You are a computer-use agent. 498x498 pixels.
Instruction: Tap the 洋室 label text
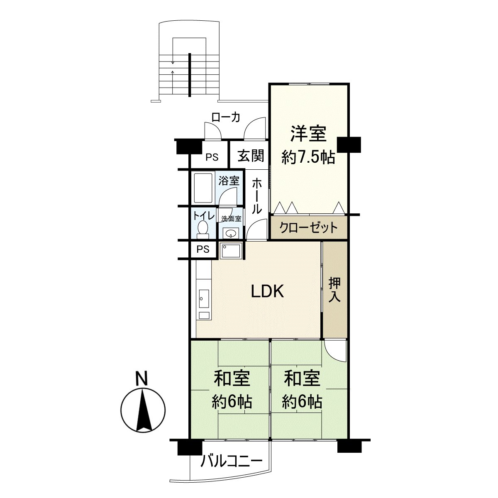308,134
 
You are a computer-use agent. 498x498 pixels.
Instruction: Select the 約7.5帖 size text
308,157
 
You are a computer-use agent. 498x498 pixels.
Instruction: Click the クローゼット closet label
308,228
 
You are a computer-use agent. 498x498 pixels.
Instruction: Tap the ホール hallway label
257,195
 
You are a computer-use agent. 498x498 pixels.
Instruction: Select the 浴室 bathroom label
229,181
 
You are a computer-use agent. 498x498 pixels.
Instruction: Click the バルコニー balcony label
232,461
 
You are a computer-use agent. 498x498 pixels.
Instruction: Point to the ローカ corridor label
226,117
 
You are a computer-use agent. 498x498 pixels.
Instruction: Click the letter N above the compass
142,378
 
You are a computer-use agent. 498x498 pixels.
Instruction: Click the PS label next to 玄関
212,157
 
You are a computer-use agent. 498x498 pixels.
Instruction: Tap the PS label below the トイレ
202,249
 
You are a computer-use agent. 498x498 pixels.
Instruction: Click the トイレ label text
203,215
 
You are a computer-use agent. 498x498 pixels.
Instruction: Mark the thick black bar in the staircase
190,75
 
